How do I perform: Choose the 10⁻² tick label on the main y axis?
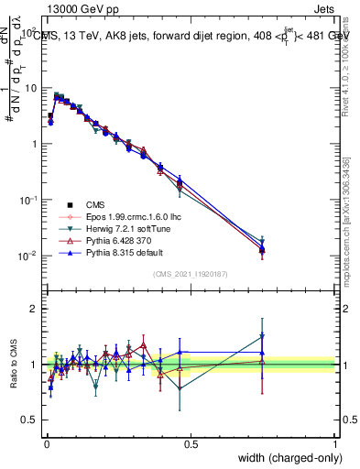pyautogui.click(x=29, y=256)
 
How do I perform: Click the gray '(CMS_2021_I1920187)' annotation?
pyautogui.click(x=190, y=275)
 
